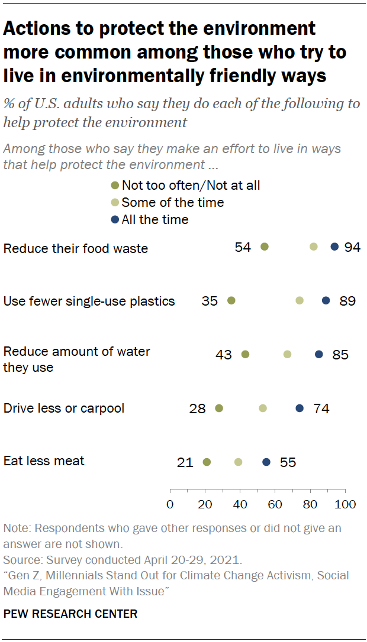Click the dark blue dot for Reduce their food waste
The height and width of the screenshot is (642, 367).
[x=334, y=247]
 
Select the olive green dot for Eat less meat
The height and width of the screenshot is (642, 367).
[x=207, y=462]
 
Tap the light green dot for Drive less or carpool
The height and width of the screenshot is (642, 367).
[x=263, y=408]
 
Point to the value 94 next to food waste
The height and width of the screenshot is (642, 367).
[x=352, y=247]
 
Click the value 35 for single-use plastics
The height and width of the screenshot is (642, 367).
[x=210, y=301]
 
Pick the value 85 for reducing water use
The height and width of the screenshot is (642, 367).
[x=340, y=355]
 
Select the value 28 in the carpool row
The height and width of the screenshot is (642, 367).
[x=198, y=408]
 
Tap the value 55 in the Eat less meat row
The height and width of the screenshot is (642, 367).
[x=288, y=462]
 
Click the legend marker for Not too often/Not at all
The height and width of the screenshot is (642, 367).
[x=116, y=186]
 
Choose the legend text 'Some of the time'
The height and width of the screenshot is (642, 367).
[x=173, y=203]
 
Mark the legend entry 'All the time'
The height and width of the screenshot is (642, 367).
[x=154, y=220]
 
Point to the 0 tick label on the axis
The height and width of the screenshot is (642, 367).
[x=170, y=505]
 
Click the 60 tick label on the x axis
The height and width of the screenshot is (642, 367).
[x=275, y=505]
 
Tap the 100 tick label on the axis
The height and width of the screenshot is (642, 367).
[x=345, y=505]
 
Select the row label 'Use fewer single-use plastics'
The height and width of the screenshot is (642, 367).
[x=89, y=301]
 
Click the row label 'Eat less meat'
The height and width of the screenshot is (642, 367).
[x=44, y=461]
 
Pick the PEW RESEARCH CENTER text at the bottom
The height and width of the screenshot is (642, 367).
[x=70, y=614]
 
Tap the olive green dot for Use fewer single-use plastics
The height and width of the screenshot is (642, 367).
[x=231, y=301]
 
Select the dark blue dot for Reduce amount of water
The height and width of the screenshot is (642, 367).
[x=319, y=355]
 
